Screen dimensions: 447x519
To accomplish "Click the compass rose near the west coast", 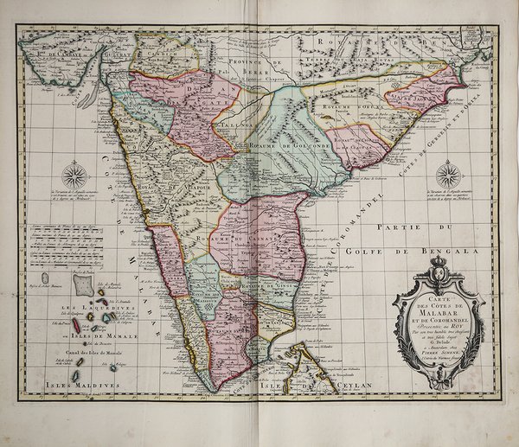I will pos(75,176).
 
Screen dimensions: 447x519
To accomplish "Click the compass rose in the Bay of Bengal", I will pos(447,176).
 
